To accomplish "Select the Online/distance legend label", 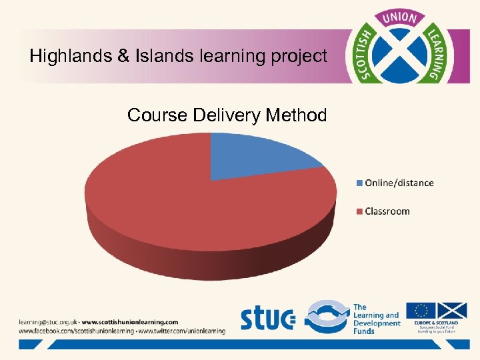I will (x=399, y=183).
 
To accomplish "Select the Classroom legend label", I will (x=387, y=211).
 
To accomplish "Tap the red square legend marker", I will (x=360, y=212).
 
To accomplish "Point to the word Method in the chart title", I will (x=296, y=115).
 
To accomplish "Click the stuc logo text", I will (x=267, y=318).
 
